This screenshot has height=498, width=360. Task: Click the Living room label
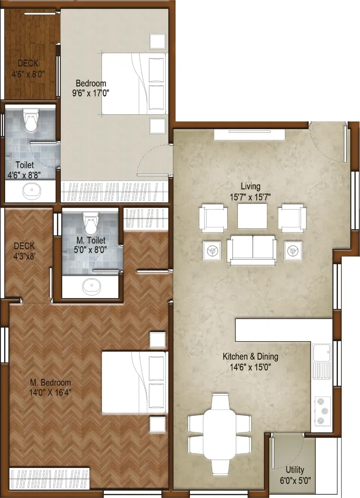250,186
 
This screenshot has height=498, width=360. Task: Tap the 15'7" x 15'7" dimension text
250,197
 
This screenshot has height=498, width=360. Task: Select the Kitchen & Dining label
250,356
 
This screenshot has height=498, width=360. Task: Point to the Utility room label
295,470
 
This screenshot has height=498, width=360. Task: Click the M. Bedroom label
51,382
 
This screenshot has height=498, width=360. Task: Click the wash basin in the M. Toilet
91,287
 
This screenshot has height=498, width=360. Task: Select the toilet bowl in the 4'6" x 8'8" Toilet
30,120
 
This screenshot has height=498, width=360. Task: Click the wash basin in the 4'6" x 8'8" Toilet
32,191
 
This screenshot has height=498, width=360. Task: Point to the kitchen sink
322,362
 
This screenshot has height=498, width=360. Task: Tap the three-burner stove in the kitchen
323,411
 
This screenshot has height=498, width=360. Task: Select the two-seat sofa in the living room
252,250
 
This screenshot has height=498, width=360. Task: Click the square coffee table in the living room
253,216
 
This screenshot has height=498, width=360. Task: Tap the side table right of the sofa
293,251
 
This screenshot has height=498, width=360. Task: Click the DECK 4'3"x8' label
24,250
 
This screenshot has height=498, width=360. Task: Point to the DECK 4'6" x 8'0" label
28,69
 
